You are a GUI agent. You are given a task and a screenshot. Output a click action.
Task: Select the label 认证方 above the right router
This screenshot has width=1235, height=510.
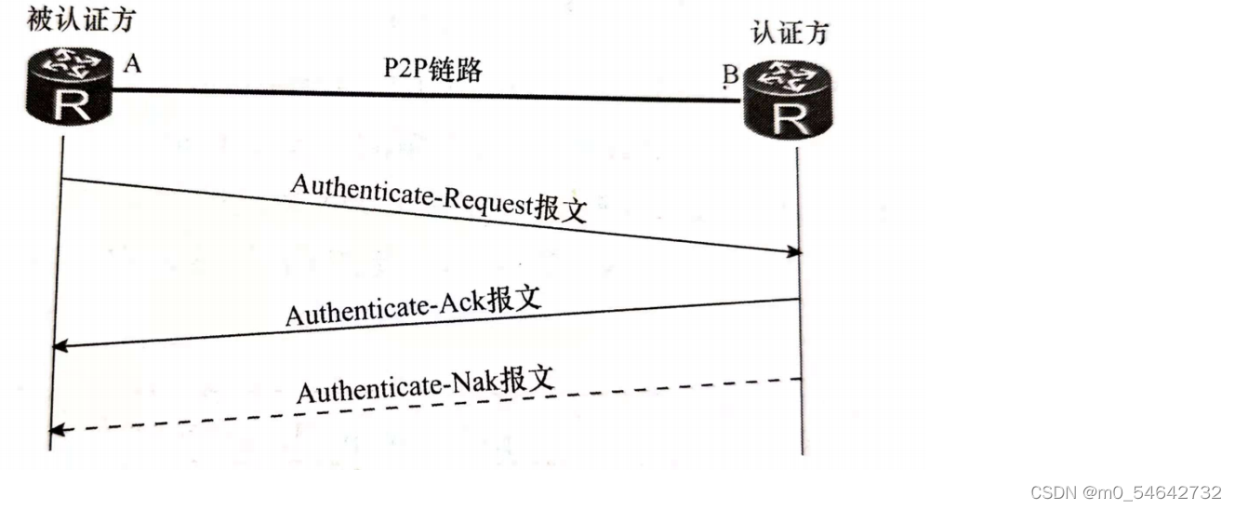pos(790,33)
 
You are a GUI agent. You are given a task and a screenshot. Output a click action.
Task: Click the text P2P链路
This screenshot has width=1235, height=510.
pos(432,69)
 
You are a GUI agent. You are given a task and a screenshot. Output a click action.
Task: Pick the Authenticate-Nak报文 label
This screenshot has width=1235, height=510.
pos(426,382)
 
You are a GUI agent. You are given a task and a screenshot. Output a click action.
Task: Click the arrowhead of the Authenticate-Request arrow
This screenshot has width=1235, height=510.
pos(794,251)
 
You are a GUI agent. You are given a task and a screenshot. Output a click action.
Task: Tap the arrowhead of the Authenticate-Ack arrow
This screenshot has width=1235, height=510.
pos(60,346)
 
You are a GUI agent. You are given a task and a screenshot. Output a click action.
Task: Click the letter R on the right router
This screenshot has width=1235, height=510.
pos(790,117)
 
